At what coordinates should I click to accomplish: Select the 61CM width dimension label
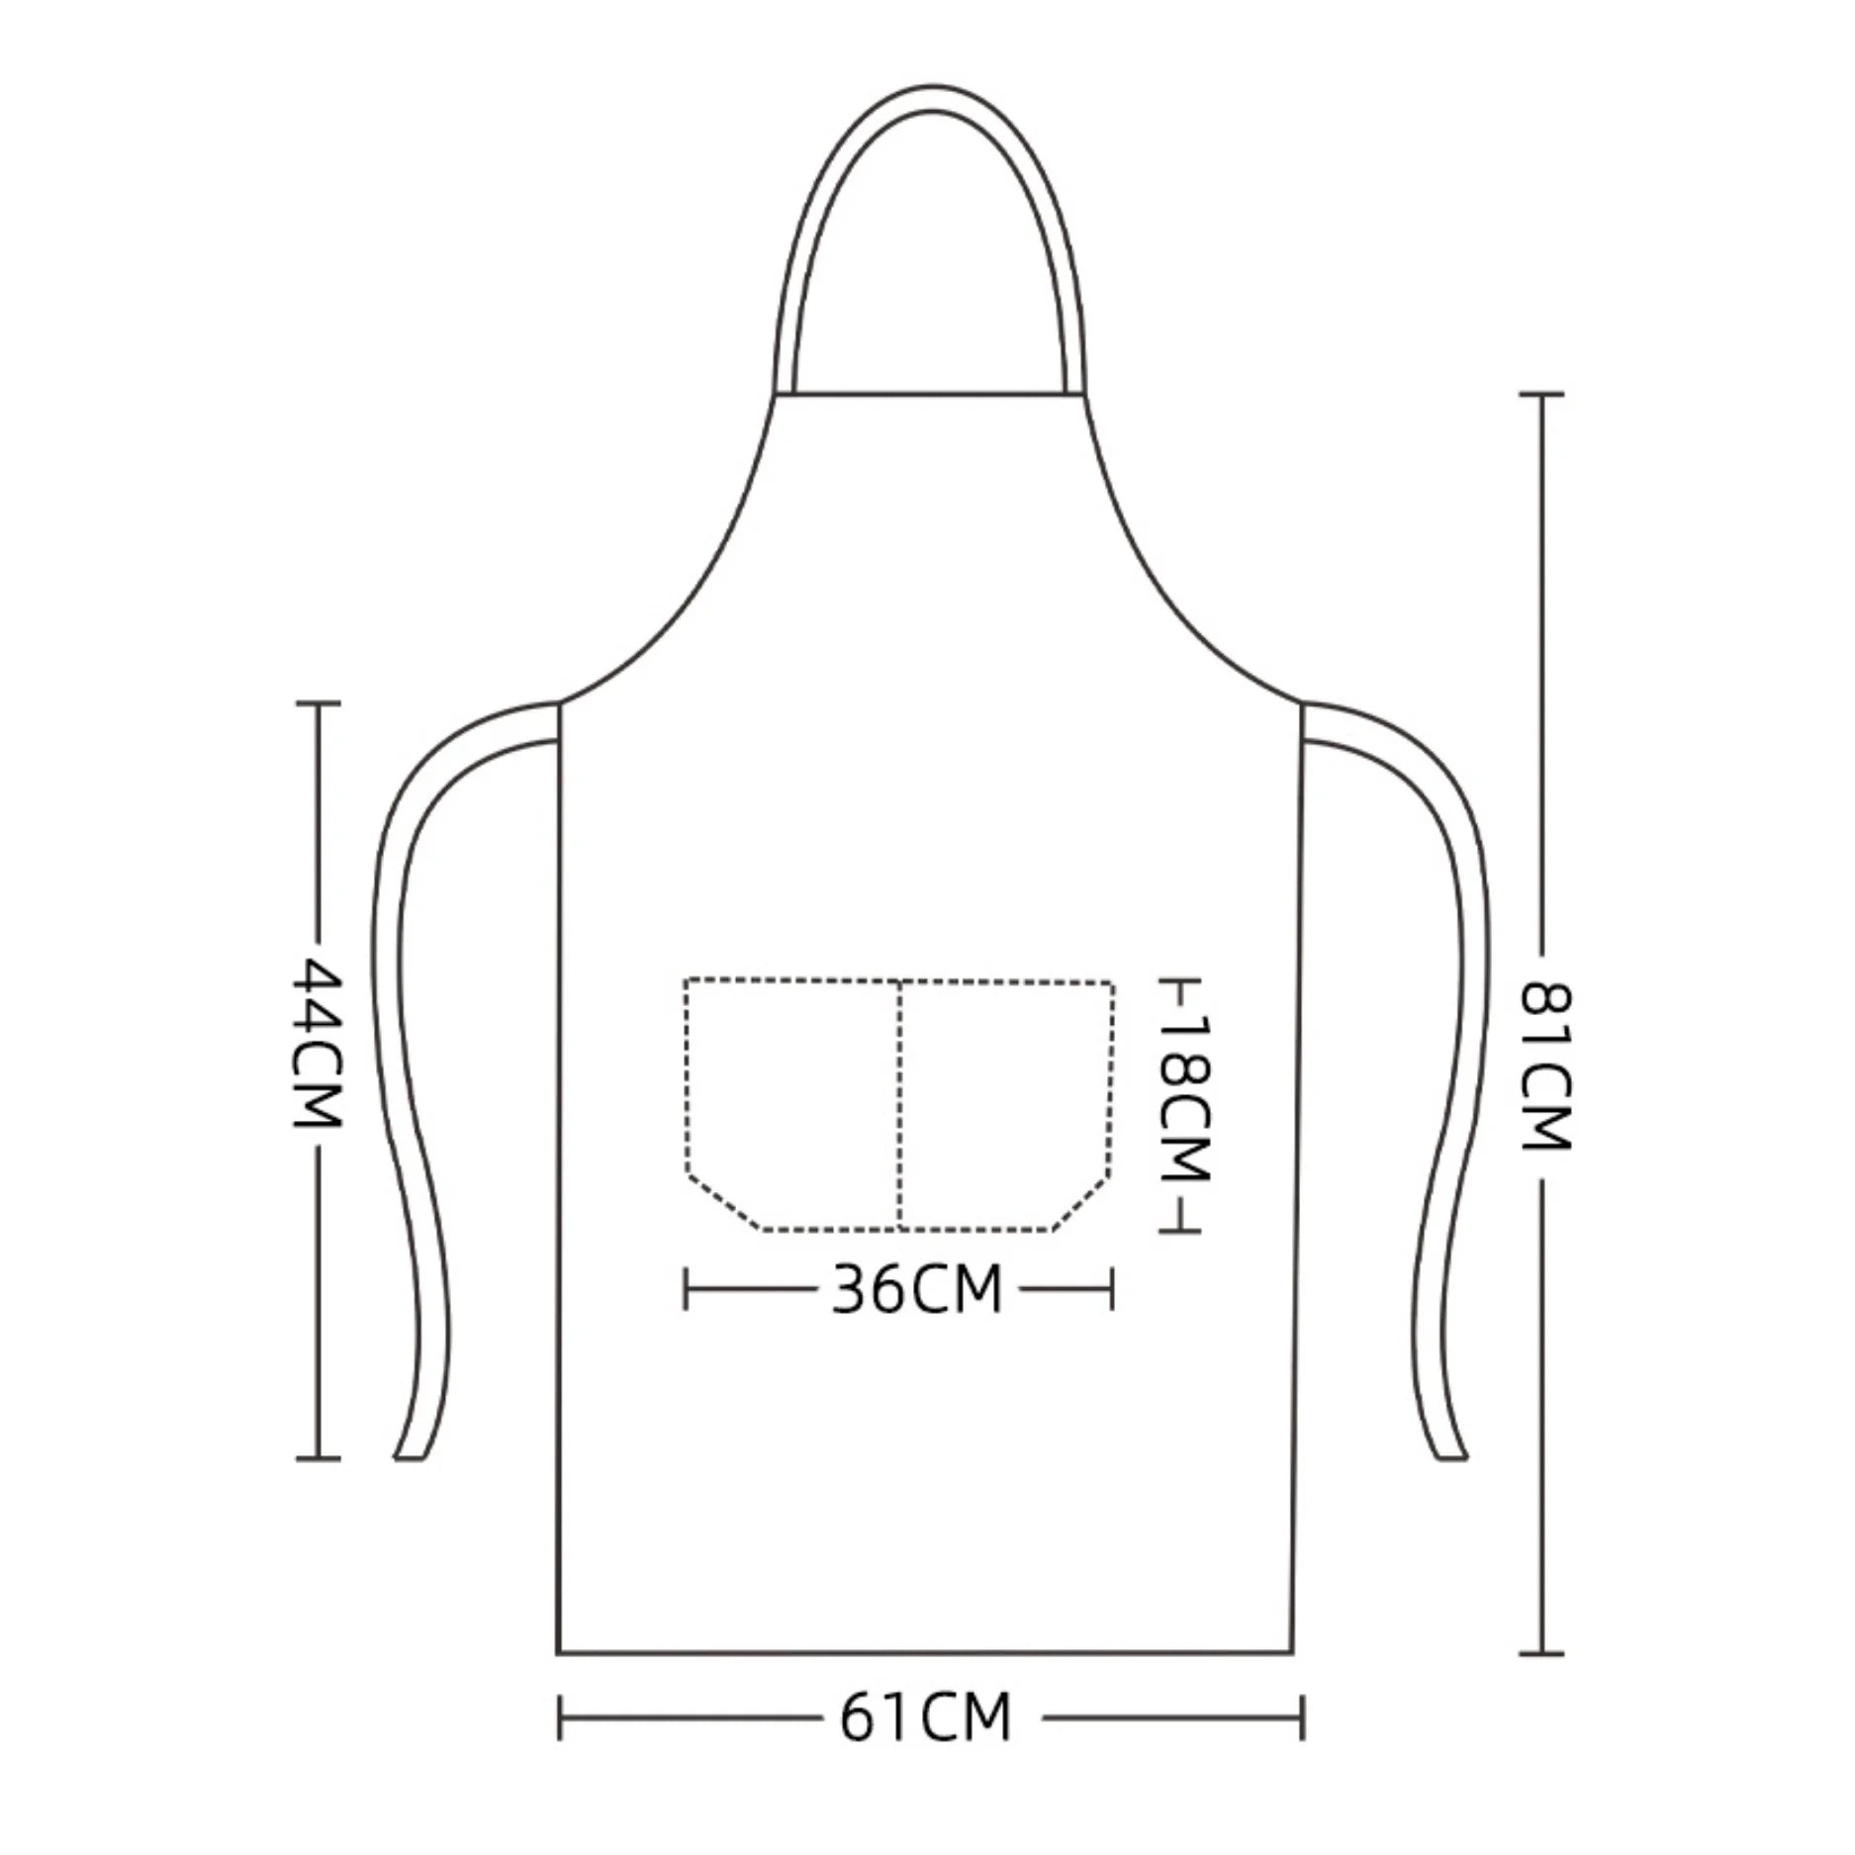coord(926,1717)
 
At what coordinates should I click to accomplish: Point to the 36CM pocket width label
coord(917,1289)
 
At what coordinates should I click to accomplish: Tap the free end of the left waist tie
coord(411,1455)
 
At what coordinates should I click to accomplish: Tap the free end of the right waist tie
coord(1451,1455)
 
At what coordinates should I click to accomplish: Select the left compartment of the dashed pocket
coord(791,1098)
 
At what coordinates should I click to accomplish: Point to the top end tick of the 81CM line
coord(1540,394)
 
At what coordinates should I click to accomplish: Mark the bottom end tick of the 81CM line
coord(1540,1653)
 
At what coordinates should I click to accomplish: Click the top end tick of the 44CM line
coord(319,702)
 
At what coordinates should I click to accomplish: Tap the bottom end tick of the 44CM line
coord(319,1458)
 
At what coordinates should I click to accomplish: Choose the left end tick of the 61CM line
coord(560,1717)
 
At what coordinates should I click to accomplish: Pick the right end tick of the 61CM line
coord(1303,1717)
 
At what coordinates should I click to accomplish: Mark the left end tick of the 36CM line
coord(686,1289)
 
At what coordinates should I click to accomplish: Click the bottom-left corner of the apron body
coord(559,1652)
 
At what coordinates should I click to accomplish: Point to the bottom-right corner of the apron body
coord(1293,1652)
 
